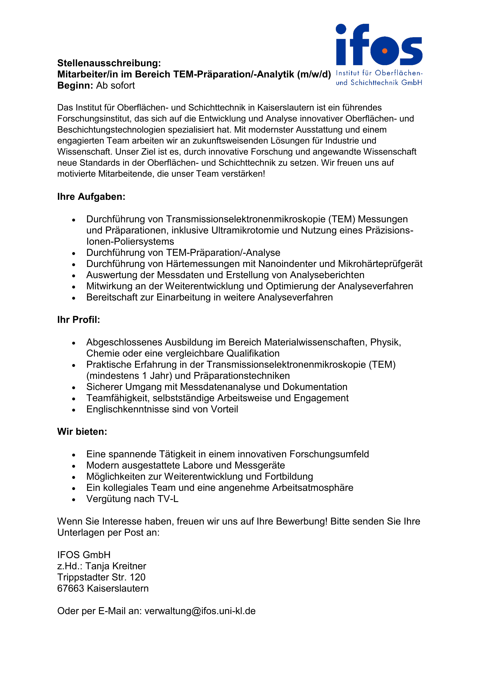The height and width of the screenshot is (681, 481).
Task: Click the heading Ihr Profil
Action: coord(79,320)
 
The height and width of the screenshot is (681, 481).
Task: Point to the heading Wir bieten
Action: coord(82,432)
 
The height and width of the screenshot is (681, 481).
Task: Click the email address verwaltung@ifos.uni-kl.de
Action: coord(200,611)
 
